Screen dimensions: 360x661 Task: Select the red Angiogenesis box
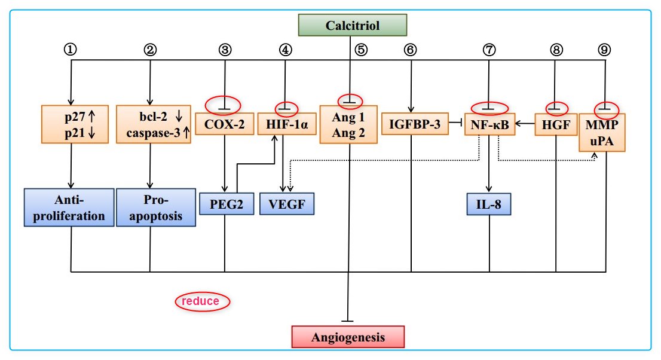click(348, 337)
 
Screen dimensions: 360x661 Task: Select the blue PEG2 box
click(225, 203)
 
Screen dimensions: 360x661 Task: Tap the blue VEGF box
click(286, 203)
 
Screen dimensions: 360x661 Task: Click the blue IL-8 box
click(490, 203)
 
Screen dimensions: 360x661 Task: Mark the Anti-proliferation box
click(69, 208)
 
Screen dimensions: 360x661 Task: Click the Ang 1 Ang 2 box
click(348, 124)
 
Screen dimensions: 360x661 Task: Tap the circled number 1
click(72, 50)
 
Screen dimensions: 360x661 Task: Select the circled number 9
click(604, 50)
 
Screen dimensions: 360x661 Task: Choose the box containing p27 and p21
click(75, 124)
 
